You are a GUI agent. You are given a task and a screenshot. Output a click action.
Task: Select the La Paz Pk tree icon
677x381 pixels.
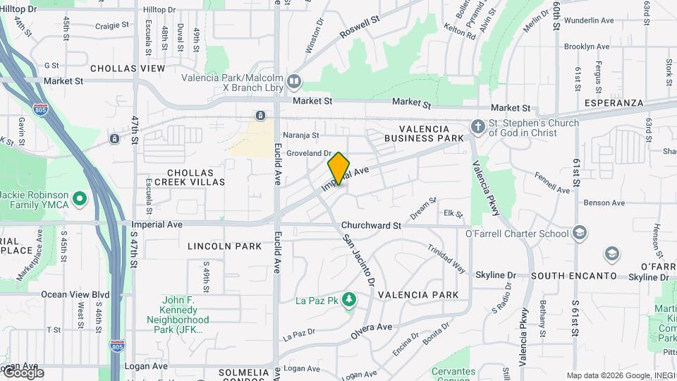pyautogui.click(x=348, y=301)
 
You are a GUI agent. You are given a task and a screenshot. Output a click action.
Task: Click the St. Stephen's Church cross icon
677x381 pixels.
pyautogui.click(x=477, y=127)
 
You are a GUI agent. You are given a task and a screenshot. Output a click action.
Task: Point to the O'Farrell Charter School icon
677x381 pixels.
pyautogui.click(x=579, y=233)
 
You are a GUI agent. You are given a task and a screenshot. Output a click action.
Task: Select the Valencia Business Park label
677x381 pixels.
pyautogui.click(x=424, y=133)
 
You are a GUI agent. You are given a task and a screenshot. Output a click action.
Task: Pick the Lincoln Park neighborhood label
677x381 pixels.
pyautogui.click(x=215, y=246)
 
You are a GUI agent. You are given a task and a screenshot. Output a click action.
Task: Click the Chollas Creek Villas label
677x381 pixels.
pyautogui.click(x=196, y=177)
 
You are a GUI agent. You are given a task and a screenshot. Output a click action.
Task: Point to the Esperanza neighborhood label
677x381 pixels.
pyautogui.click(x=614, y=103)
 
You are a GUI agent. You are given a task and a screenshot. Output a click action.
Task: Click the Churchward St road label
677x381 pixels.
pyautogui.click(x=371, y=226)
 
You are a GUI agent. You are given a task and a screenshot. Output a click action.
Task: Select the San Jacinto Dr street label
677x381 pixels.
pyautogui.click(x=359, y=261)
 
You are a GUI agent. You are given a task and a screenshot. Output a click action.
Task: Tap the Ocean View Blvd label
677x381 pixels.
pyautogui.click(x=75, y=294)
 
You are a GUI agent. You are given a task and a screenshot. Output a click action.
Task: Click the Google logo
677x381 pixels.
pyautogui.click(x=23, y=373)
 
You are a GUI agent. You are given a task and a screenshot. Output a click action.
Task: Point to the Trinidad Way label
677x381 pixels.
pyautogui.click(x=446, y=259)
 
